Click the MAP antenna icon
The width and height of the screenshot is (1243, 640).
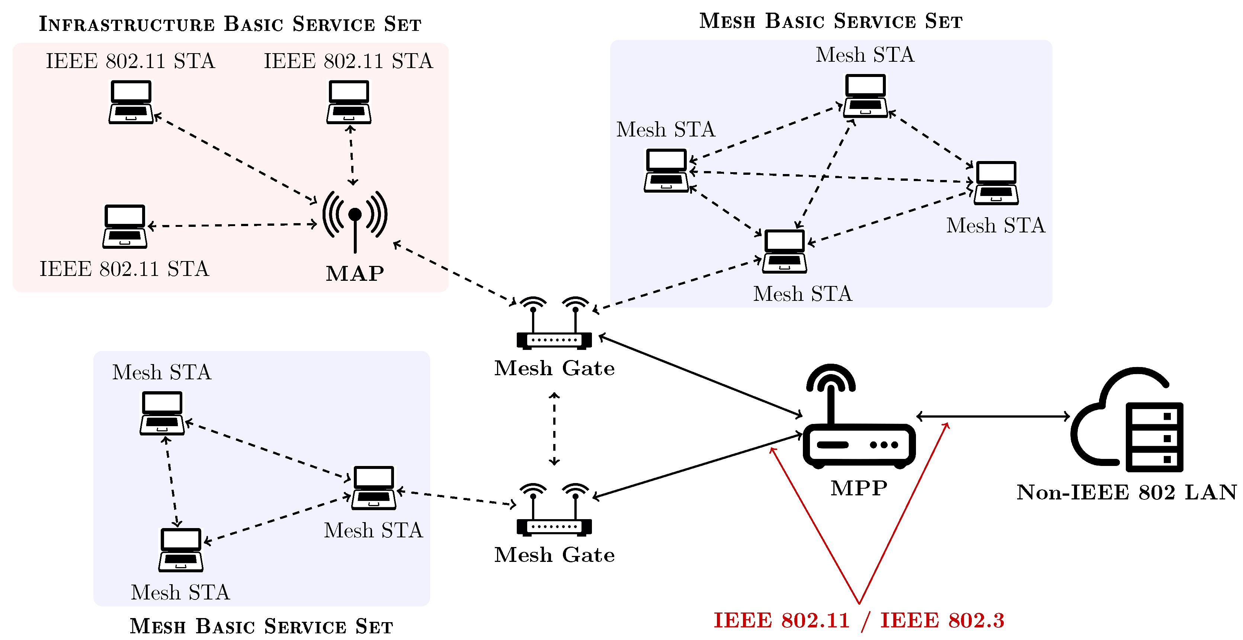355,219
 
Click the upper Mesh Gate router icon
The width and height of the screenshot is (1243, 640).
554,324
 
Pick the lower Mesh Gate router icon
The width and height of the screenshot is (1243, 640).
554,510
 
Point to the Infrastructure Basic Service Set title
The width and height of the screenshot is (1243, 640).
230,24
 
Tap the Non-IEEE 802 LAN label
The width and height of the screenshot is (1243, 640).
1127,492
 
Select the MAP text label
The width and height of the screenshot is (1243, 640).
355,273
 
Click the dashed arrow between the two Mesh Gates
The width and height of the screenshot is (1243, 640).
554,429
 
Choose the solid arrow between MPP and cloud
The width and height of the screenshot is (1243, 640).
993,416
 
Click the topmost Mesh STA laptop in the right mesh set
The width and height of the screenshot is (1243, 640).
865,96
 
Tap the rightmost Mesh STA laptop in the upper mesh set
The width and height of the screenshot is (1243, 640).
996,183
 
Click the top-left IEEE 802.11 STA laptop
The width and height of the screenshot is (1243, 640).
131,102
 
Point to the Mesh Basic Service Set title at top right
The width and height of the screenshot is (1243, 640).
830,21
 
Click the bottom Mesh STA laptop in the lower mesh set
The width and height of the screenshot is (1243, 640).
181,550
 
